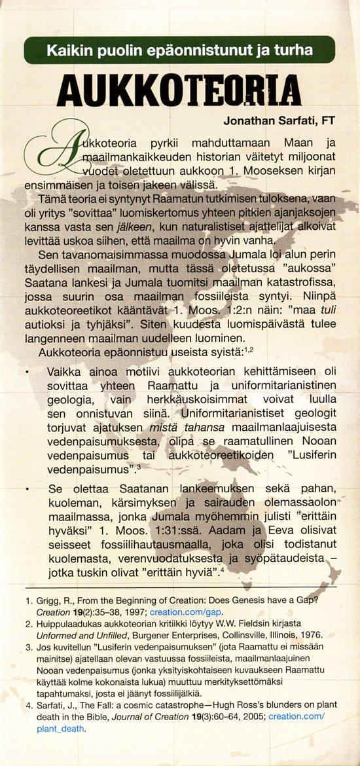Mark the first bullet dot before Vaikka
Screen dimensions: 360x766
[x=27, y=372]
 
